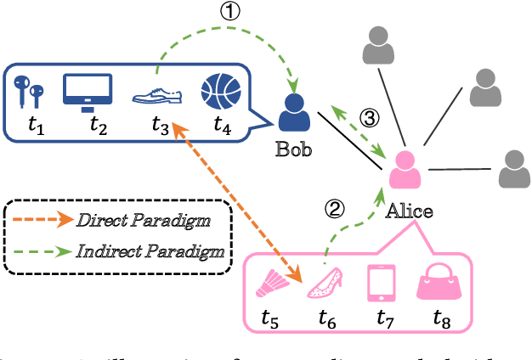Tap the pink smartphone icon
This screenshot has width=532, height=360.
click(x=381, y=282)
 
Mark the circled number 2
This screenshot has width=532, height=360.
click(x=337, y=208)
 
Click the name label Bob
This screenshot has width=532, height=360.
click(x=295, y=151)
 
